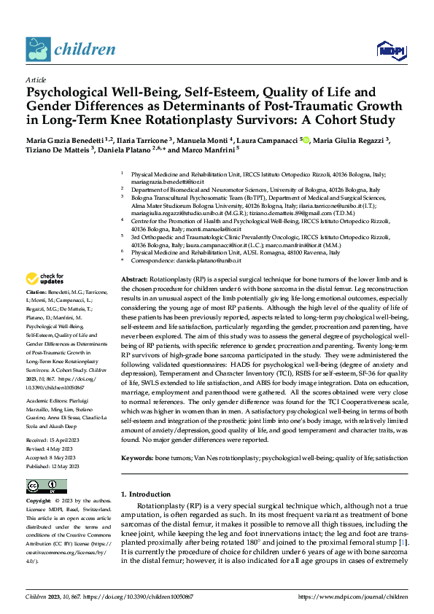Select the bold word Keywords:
[137, 438]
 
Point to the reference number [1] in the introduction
[403, 542]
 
